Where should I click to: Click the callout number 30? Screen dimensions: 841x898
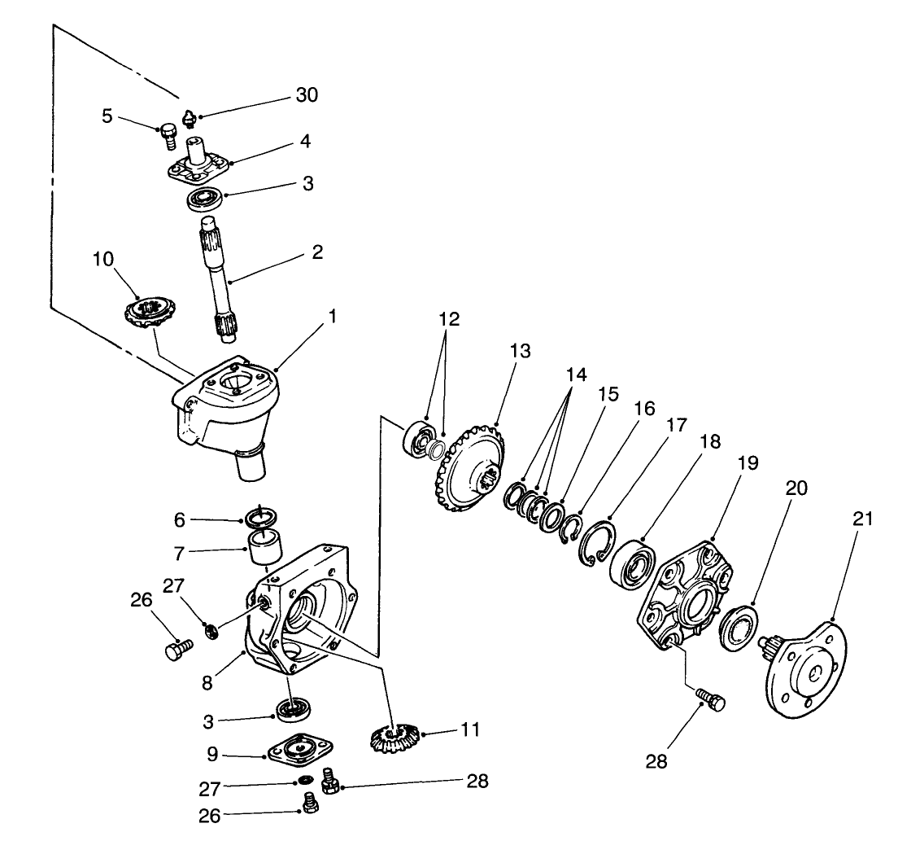pyautogui.click(x=307, y=95)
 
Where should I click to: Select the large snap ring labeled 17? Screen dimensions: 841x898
pyautogui.click(x=600, y=541)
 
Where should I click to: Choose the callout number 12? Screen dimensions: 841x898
pyautogui.click(x=449, y=319)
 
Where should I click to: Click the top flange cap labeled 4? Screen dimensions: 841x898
pyautogui.click(x=198, y=166)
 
